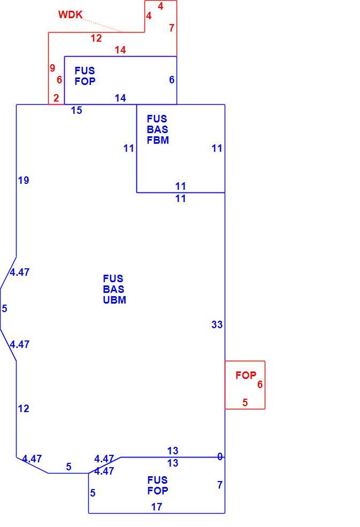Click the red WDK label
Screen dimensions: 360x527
pos(70,15)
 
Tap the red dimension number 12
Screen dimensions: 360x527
pos(96,38)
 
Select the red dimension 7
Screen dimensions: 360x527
pos(172,28)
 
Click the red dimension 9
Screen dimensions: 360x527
pos(52,68)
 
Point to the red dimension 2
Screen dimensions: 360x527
pos(56,98)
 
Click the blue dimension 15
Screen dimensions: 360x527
pos(76,110)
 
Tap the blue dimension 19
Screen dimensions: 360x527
pos(24,181)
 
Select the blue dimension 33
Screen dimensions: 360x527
pos(217,324)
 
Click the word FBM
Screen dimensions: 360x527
pos(158,140)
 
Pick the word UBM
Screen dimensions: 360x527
pos(114,300)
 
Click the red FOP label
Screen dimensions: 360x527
pos(246,375)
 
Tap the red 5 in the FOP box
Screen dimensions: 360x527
pos(245,402)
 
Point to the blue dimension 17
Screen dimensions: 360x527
pos(157,507)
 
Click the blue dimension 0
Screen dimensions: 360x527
pos(220,457)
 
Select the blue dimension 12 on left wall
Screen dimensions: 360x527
pos(24,409)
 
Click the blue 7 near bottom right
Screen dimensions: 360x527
pos(220,485)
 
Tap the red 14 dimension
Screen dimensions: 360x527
pos(120,50)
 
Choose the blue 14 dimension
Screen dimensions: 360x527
pos(120,98)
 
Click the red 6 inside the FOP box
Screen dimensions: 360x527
pos(260,384)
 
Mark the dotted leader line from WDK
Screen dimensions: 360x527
pos(103,26)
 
